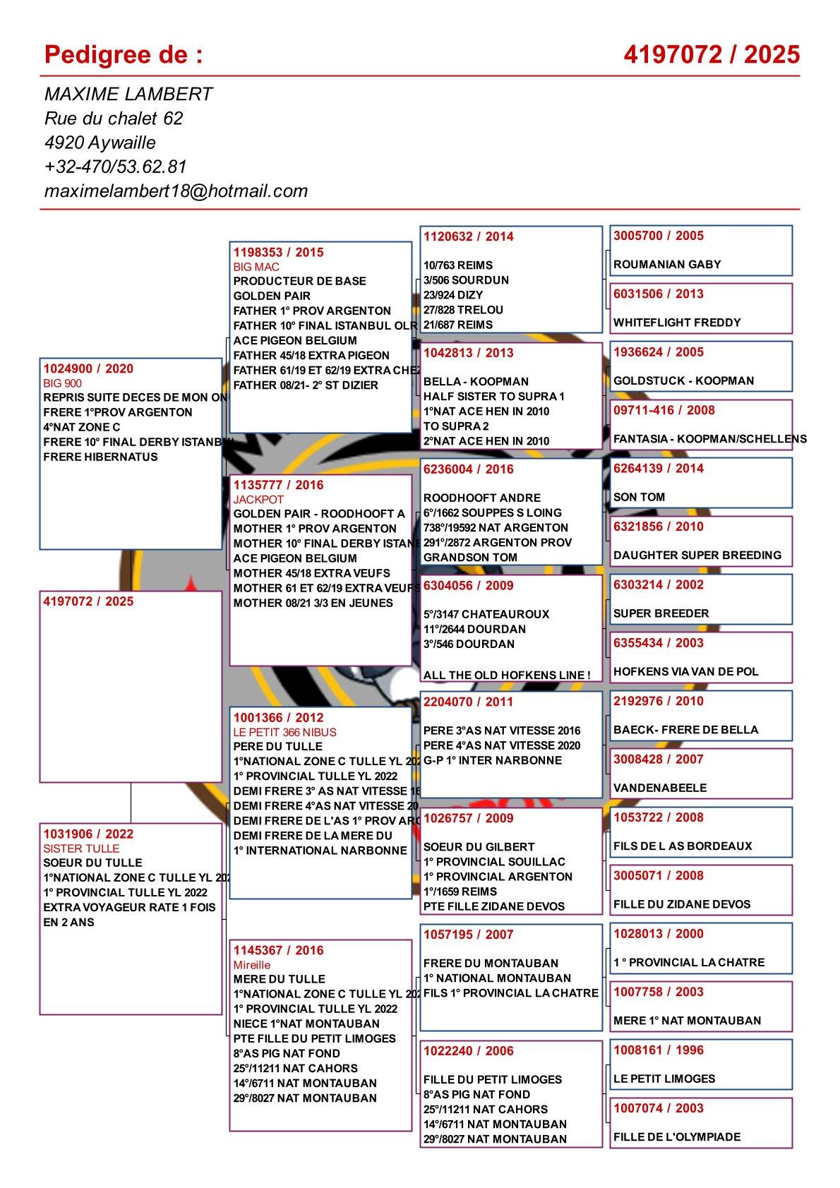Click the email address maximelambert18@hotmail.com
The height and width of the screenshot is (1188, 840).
tap(176, 191)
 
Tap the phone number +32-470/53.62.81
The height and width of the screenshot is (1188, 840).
tap(115, 167)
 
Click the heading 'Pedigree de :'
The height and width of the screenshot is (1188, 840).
tap(124, 54)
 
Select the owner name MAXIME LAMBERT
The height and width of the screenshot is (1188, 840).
tap(128, 94)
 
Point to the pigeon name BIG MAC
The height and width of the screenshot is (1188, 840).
tap(256, 267)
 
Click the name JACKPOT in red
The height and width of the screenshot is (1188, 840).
tap(258, 499)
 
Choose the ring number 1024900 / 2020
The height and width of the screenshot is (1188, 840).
tap(88, 368)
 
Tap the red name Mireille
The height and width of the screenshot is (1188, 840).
tap(252, 965)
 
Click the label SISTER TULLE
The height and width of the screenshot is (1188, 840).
tap(81, 848)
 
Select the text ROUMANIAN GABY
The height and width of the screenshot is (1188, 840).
tap(667, 265)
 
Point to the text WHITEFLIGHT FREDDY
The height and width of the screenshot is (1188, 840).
tap(677, 323)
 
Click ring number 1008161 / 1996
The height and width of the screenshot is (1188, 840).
tap(658, 1050)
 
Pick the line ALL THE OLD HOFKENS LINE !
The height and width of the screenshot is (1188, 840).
tap(507, 675)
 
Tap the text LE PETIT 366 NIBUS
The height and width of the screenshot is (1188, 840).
tap(285, 732)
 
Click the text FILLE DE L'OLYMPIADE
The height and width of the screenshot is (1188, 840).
tap(677, 1136)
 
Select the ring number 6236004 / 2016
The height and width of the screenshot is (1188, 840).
tap(469, 469)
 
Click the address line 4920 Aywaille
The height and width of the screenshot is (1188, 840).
tap(100, 143)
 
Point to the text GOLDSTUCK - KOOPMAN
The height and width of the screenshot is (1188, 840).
tap(683, 380)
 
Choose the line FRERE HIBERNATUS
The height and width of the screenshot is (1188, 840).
tap(100, 457)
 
